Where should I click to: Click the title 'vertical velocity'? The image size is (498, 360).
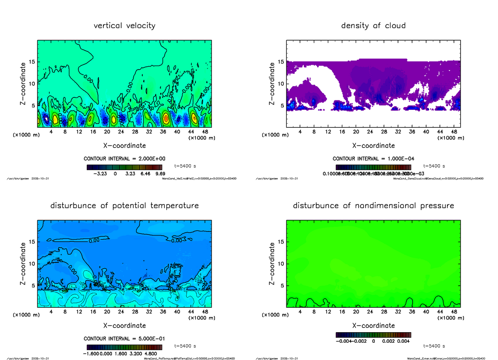(124, 26)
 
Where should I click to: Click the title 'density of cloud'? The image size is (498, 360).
(373, 26)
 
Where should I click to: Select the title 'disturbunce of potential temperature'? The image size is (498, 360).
(124, 206)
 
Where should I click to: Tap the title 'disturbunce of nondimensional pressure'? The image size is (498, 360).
(373, 206)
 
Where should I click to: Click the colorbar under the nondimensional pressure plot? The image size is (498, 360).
(373, 335)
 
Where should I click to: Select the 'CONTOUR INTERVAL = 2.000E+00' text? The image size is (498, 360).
(124, 159)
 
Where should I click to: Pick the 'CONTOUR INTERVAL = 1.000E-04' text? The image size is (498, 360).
(373, 159)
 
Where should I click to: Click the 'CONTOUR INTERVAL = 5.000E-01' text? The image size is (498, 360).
(124, 338)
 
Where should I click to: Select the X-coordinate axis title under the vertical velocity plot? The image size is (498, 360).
(124, 146)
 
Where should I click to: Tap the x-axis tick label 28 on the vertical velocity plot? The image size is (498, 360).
(135, 132)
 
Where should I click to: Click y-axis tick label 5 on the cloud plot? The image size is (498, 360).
(282, 105)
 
